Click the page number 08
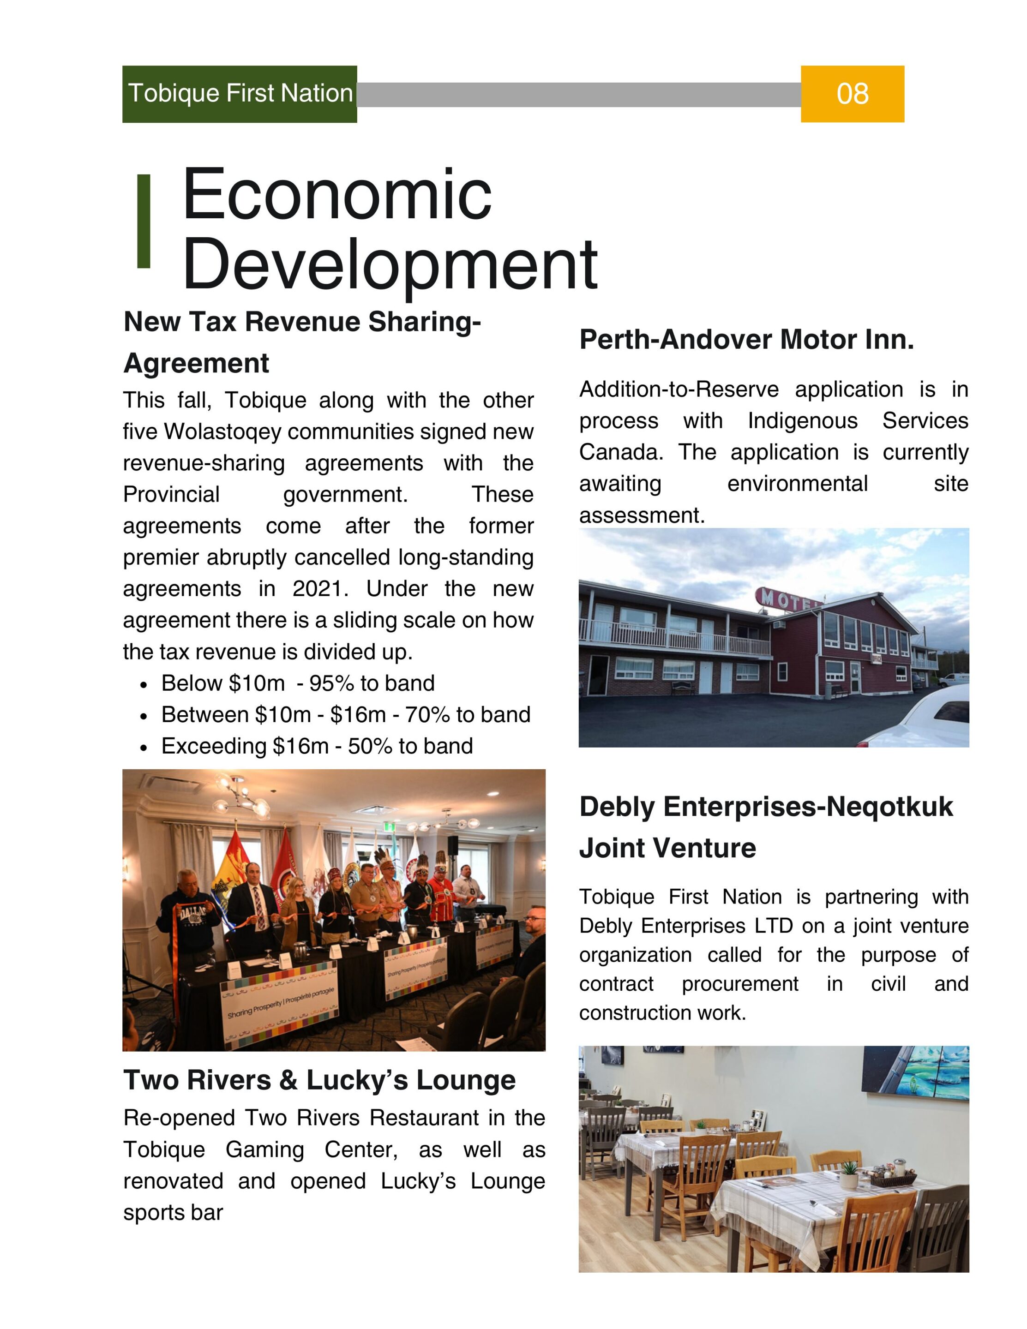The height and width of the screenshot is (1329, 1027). tap(852, 94)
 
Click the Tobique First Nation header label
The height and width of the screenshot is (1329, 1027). tap(240, 93)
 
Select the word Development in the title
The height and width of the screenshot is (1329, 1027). tap(390, 265)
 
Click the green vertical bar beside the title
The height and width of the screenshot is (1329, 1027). tap(144, 221)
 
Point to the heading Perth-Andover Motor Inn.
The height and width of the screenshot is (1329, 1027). tap(746, 340)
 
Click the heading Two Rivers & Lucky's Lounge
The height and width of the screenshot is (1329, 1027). tap(319, 1080)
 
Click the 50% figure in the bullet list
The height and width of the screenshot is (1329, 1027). tap(370, 746)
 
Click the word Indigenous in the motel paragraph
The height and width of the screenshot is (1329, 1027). tap(802, 420)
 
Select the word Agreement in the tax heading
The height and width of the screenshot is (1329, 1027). tap(196, 363)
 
